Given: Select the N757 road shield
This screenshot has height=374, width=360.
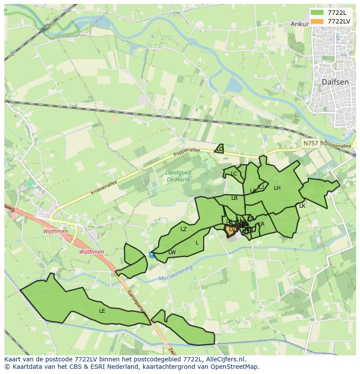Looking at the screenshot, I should pos(310,143).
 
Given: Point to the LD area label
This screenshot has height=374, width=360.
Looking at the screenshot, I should pos(220,149).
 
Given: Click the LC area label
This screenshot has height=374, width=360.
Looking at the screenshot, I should pos(234,174).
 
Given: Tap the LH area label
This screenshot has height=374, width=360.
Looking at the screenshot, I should pos(277,188).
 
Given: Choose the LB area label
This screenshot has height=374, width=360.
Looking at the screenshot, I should pos(234,198).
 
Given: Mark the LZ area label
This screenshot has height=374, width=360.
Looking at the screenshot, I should pos(183,229).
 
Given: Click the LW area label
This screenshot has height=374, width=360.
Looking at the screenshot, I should pos(172,252).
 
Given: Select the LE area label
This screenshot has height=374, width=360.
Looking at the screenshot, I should pos(102,311).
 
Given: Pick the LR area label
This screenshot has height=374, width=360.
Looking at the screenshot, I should pos(261,224).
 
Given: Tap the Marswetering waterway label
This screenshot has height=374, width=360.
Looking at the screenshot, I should pos(175,274).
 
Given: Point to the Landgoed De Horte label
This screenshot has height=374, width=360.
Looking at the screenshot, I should pos(178,176).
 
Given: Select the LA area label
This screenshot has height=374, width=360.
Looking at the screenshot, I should pos(253,191).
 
